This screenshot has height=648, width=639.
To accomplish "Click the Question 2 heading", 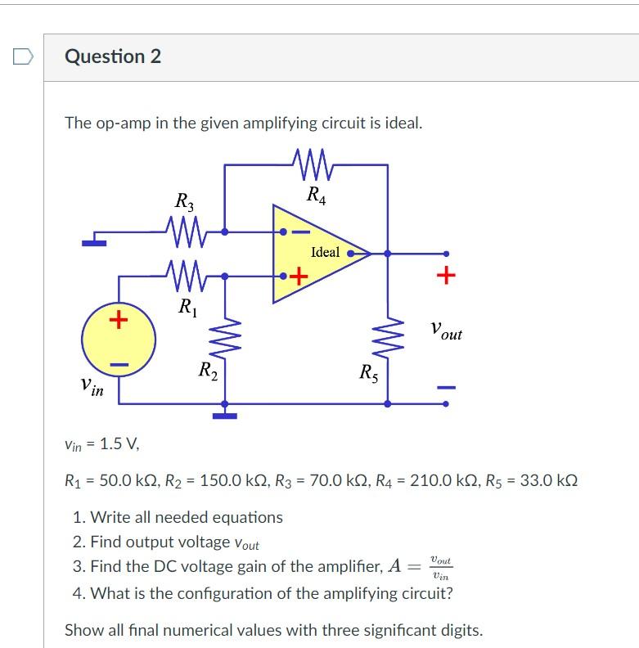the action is click(113, 56).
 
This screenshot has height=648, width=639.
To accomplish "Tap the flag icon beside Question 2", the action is click(23, 56).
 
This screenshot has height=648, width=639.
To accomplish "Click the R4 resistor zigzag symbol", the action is click(312, 164).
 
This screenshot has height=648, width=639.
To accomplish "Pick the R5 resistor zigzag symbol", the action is click(388, 335).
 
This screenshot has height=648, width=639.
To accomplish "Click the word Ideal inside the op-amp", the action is click(326, 252).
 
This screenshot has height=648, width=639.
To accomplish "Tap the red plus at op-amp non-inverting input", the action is click(299, 276).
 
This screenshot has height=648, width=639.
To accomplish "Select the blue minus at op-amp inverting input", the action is click(301, 232).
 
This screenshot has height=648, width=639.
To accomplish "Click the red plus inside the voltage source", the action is click(119, 319).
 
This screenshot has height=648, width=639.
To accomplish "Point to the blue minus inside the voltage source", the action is click(119, 365).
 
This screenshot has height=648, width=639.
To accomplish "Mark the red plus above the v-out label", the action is click(446, 275).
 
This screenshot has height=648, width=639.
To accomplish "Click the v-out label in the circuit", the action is click(447, 331).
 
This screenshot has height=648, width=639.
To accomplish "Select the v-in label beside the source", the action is click(92, 387).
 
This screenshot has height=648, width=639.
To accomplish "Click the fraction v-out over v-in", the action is click(441, 568).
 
